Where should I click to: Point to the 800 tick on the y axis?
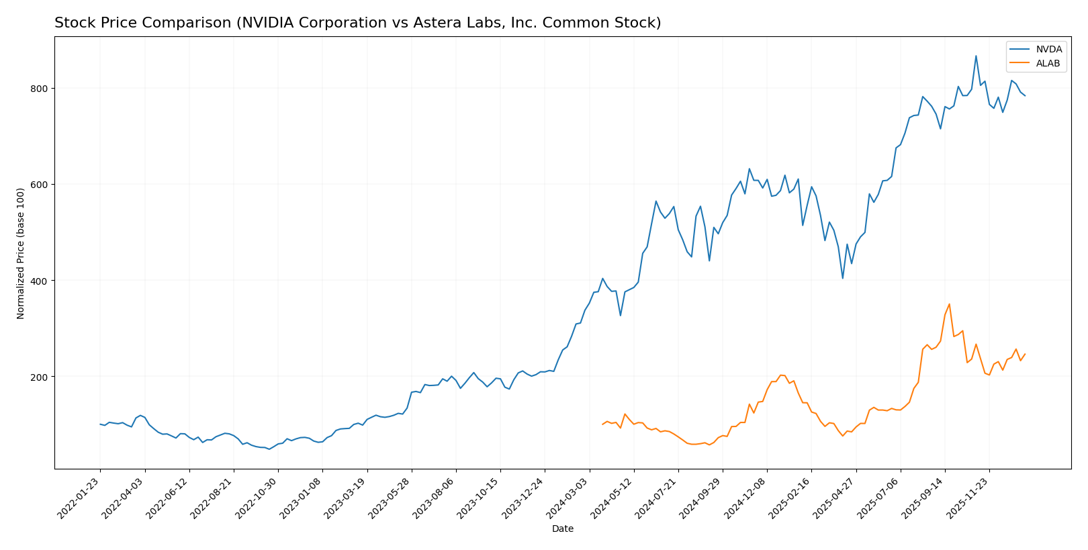click(40, 89)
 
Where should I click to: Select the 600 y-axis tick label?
click(40, 185)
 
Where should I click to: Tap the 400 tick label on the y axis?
click(40, 281)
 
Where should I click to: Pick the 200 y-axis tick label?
click(40, 377)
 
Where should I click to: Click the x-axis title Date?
click(563, 529)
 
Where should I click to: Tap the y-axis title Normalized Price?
click(21, 253)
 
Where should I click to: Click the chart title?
click(357, 24)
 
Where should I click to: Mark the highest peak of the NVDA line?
click(976, 56)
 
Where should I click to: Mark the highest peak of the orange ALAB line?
click(949, 304)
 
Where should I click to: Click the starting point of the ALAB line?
click(602, 424)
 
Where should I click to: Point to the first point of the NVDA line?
click(100, 424)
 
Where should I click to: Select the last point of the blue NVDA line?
click(1025, 96)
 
